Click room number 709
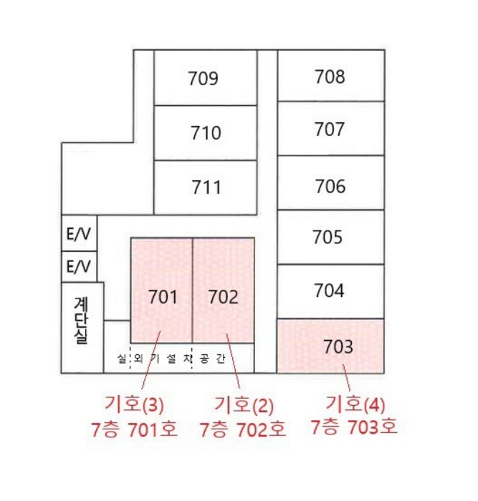pyautogui.click(x=203, y=78)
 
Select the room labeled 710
pyautogui.click(x=206, y=132)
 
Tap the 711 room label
pyautogui.click(x=206, y=187)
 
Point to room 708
pyautogui.click(x=330, y=77)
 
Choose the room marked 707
pyautogui.click(x=329, y=130)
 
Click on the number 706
pyautogui.click(x=330, y=186)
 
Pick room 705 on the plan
pyautogui.click(x=328, y=237)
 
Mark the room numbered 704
pyautogui.click(x=329, y=291)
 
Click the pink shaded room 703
pyautogui.click(x=330, y=346)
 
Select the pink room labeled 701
pyautogui.click(x=161, y=290)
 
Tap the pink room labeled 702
pyautogui.click(x=224, y=290)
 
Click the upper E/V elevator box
pyautogui.click(x=79, y=233)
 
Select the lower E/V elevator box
pyautogui.click(x=79, y=267)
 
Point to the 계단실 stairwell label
pyautogui.click(x=81, y=321)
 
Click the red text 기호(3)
pyautogui.click(x=134, y=404)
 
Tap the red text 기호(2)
pyautogui.click(x=244, y=404)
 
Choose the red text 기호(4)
pyautogui.click(x=355, y=404)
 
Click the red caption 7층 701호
pyautogui.click(x=135, y=429)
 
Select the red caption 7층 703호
pyautogui.click(x=354, y=427)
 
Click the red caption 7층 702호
pyautogui.click(x=243, y=429)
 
